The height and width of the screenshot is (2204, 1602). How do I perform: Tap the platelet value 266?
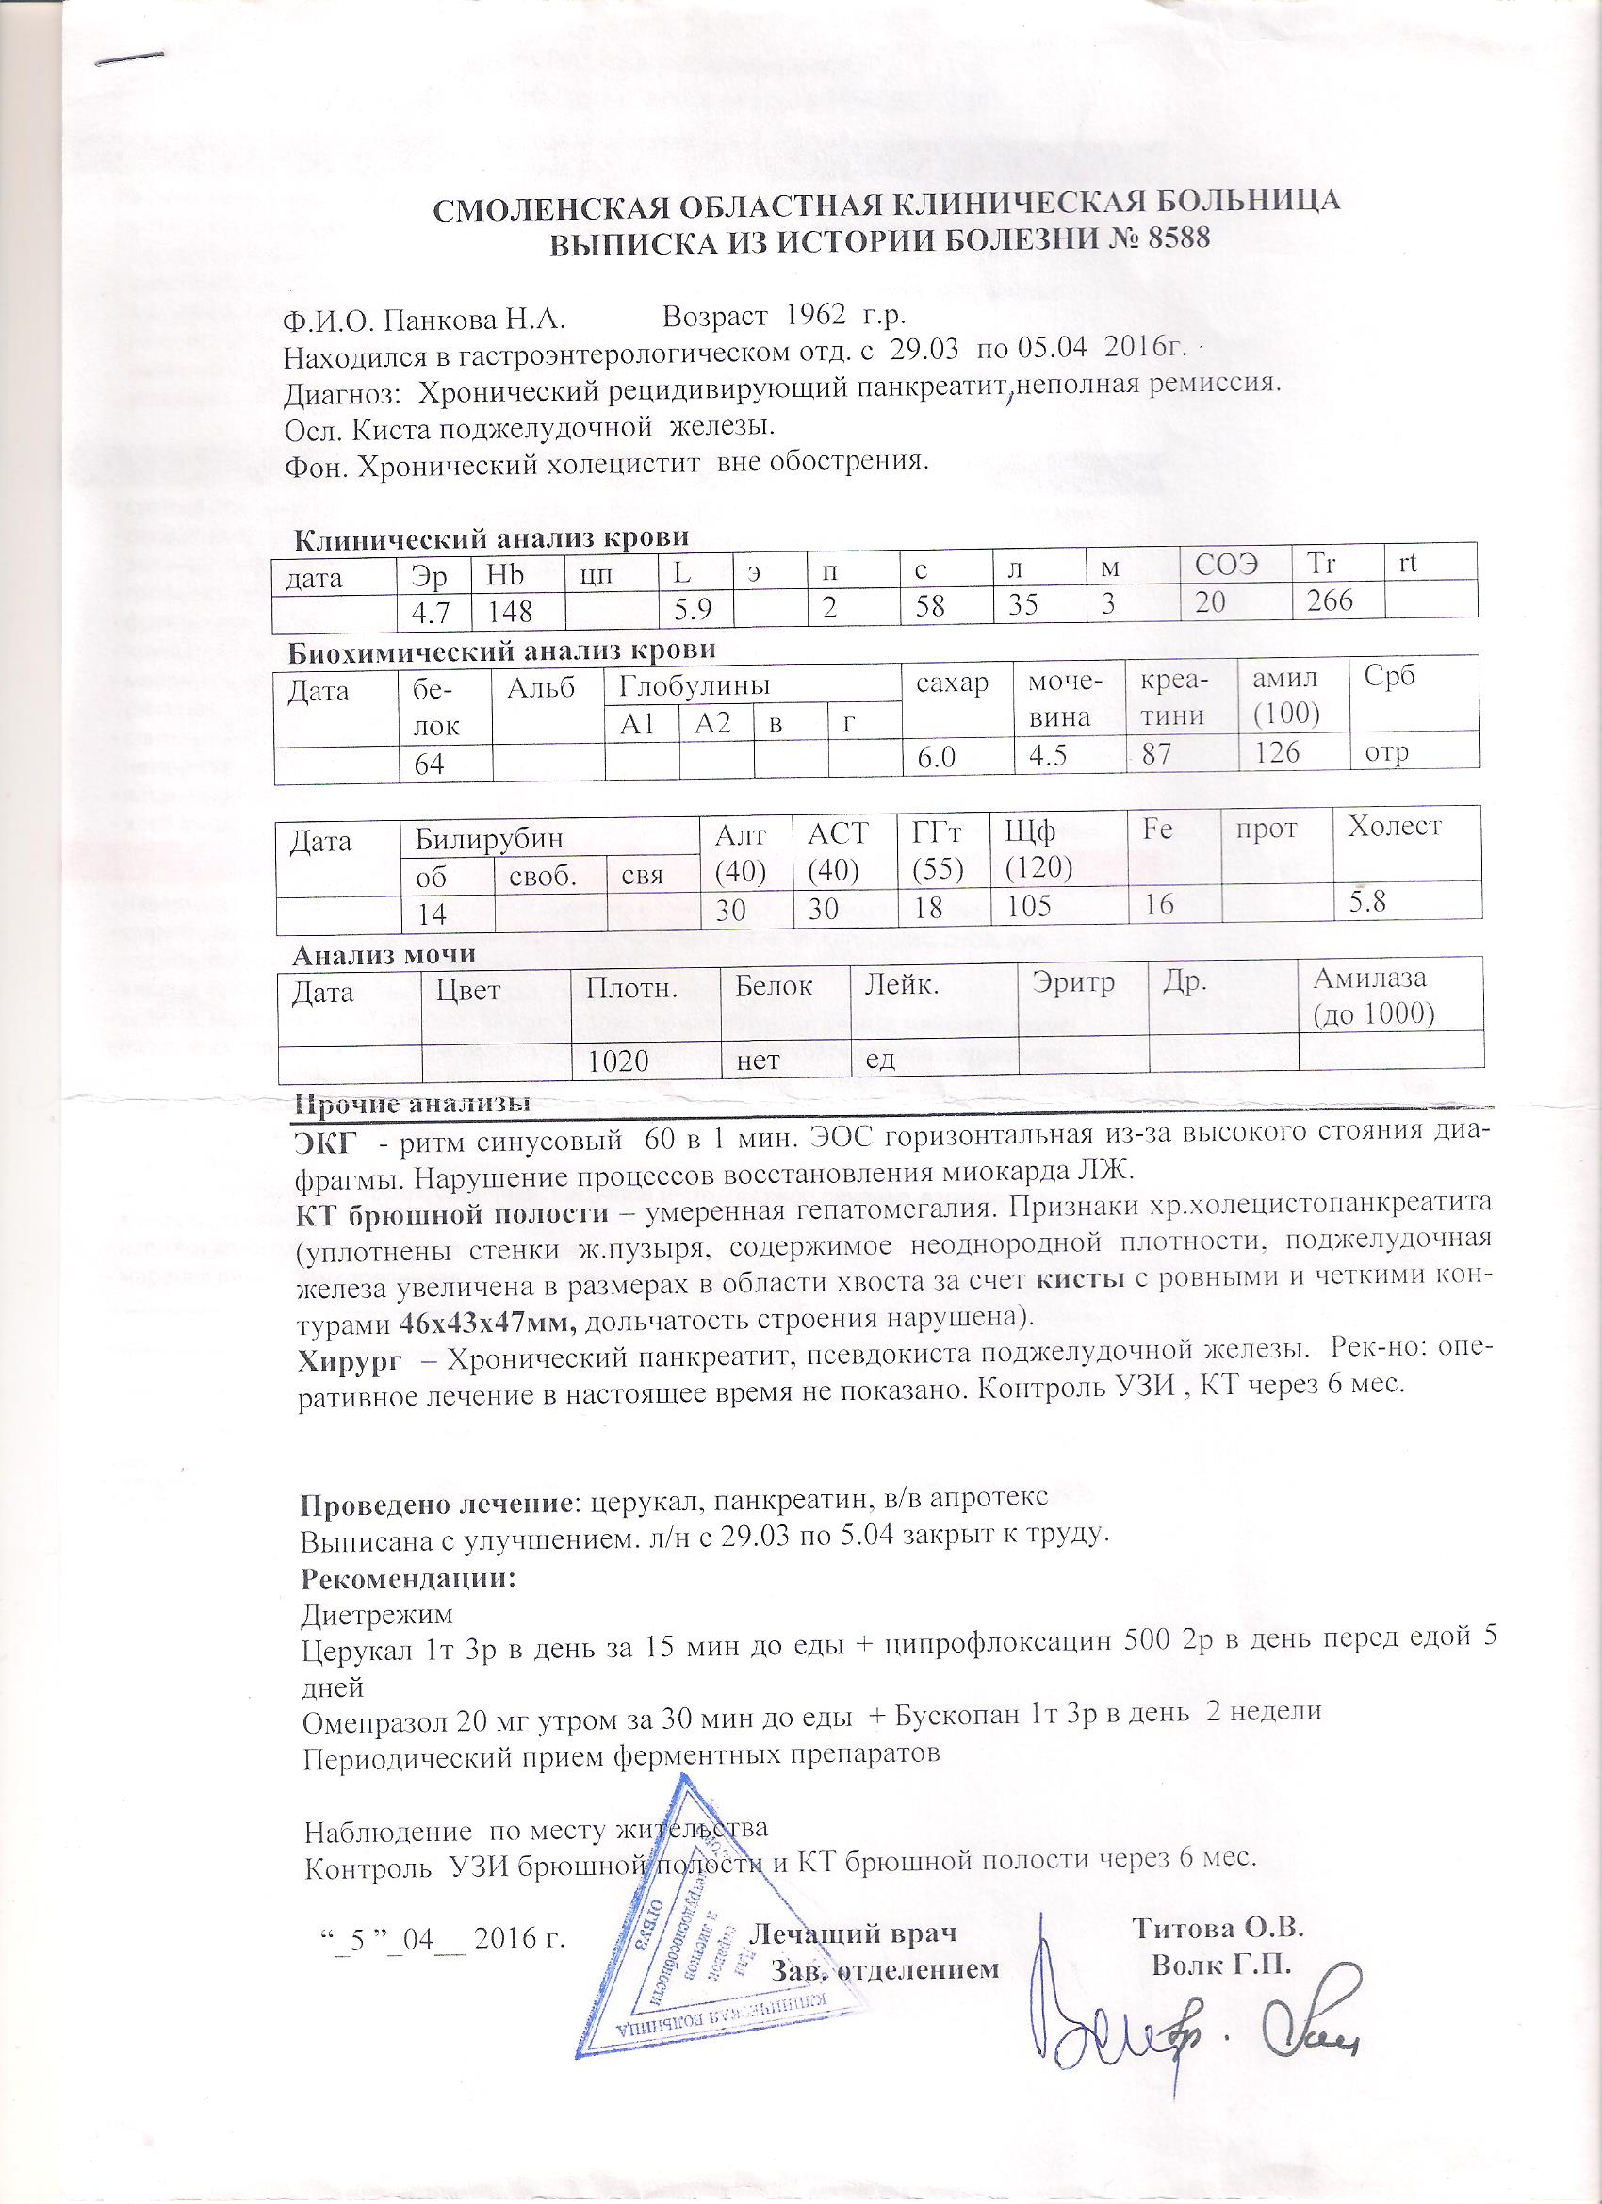point(1330,601)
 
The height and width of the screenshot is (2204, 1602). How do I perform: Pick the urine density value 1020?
point(618,1060)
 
